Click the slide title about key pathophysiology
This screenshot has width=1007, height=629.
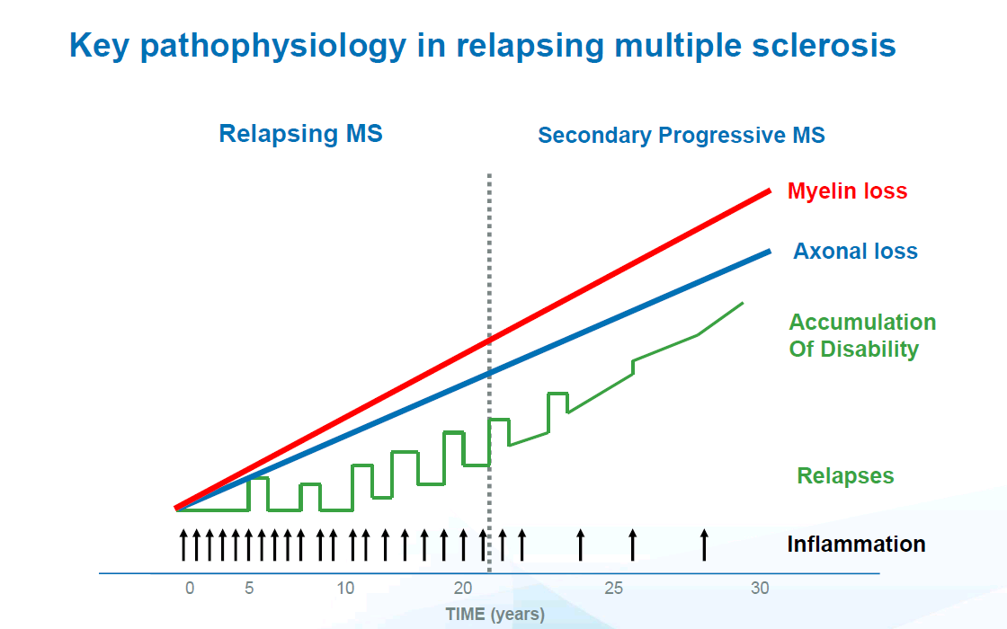[x=482, y=46]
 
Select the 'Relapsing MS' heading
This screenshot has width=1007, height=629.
[x=300, y=134]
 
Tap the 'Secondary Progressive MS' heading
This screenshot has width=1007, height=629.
[x=681, y=136]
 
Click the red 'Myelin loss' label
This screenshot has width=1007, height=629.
[x=847, y=191]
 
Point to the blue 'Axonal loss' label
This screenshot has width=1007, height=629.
[x=855, y=252]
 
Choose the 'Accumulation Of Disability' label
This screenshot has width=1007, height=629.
[x=861, y=335]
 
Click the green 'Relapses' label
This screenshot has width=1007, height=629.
[x=845, y=476]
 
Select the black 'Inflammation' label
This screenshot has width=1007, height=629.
[x=855, y=544]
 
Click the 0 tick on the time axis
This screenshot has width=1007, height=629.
[x=190, y=589]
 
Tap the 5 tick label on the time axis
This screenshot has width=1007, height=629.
[x=249, y=589]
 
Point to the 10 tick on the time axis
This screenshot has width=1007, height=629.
[x=345, y=589]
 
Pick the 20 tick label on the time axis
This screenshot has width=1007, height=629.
[x=463, y=589]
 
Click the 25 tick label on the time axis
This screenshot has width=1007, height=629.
[x=613, y=589]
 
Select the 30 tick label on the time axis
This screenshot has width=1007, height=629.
[x=760, y=589]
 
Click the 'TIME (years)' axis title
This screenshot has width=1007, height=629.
[x=495, y=616]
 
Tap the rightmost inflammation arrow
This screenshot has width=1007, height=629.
[x=704, y=545]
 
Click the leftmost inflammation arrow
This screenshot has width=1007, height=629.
[x=183, y=545]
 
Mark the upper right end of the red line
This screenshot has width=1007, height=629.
[x=769, y=190]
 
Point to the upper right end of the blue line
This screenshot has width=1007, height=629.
[x=769, y=251]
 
